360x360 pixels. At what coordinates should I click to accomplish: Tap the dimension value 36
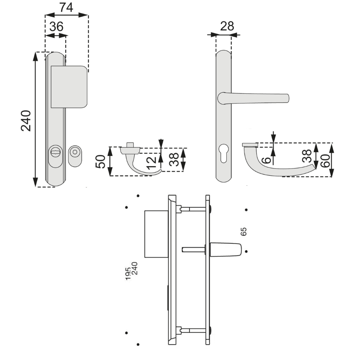(x=56, y=27)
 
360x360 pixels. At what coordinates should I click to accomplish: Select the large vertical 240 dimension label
(x=26, y=121)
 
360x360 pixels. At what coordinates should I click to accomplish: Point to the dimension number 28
(x=227, y=26)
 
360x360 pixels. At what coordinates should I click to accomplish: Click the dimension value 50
(x=100, y=161)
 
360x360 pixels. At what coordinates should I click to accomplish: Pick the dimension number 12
(x=151, y=163)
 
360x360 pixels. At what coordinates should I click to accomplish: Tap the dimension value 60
(x=325, y=161)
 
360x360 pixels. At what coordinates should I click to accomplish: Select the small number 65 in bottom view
(x=244, y=231)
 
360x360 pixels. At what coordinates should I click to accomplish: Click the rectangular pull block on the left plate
(x=69, y=87)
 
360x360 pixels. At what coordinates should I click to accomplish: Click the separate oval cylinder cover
(x=75, y=156)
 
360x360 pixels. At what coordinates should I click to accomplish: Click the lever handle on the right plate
(x=253, y=98)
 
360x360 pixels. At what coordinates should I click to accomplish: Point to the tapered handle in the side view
(x=225, y=249)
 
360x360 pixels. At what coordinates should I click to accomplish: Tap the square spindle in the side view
(x=193, y=249)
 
